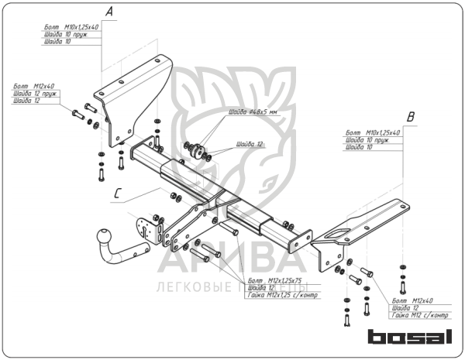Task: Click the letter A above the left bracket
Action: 109,12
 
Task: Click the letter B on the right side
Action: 412,117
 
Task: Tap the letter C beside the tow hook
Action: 117,194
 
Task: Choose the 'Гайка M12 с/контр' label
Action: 421,315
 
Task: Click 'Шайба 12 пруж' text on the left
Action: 36,93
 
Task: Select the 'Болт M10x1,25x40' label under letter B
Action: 373,133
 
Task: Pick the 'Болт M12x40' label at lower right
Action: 413,300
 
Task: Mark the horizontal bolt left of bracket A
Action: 79,115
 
